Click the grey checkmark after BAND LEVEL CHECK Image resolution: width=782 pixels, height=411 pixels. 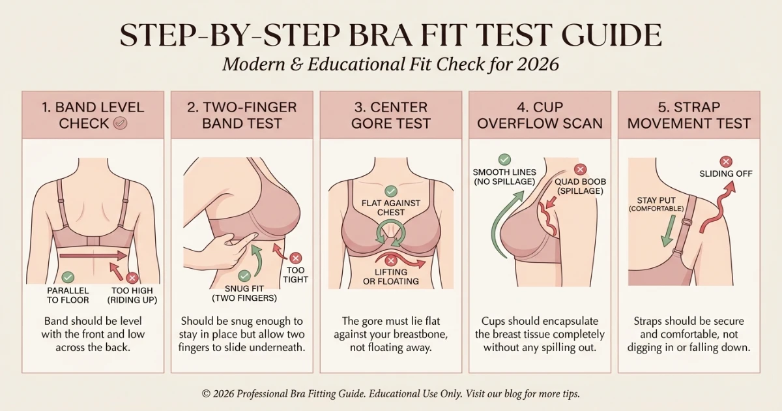click(121, 123)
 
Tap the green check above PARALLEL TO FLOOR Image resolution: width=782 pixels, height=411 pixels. click(68, 277)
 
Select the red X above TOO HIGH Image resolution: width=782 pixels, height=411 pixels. click(132, 278)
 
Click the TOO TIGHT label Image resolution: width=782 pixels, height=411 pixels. click(296, 275)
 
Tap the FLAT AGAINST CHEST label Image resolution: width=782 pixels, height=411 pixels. click(391, 207)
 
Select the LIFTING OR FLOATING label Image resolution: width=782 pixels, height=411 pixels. click(391, 277)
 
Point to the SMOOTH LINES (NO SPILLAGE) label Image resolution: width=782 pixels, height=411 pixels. click(504, 176)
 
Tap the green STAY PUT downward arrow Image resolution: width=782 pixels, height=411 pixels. click(667, 232)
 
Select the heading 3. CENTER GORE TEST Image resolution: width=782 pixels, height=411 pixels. click(391, 115)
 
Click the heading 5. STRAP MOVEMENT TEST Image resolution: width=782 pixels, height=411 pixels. click(689, 115)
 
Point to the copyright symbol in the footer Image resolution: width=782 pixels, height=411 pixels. click(207, 394)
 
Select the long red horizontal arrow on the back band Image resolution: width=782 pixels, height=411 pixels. click(91, 255)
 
